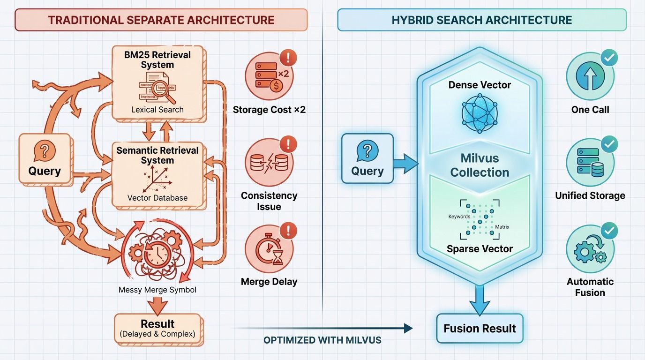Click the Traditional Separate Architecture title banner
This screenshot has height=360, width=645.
point(161,20)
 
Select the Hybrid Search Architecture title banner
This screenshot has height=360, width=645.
point(482,20)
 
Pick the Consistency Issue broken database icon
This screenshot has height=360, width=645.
point(268,162)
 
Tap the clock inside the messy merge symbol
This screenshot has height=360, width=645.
point(156,253)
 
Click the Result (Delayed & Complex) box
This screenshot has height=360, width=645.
point(157,329)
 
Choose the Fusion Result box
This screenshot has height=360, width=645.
point(480,329)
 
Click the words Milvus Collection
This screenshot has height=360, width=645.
point(480,165)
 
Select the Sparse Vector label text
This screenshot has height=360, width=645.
point(480,249)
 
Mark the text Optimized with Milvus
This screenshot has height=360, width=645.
point(322,340)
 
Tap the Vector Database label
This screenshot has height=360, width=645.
point(157,198)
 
